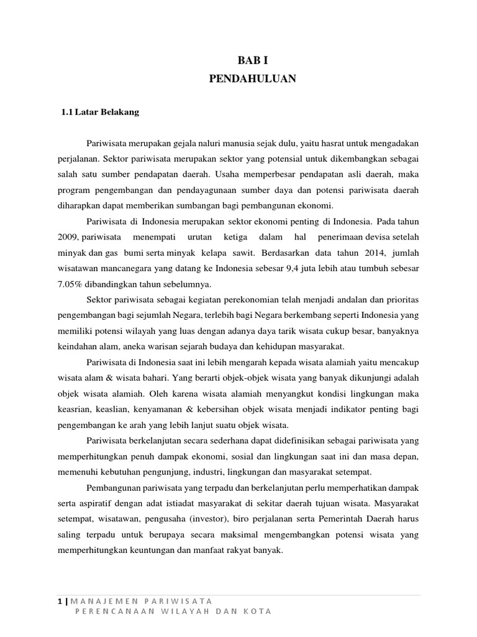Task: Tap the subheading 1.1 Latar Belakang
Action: coord(100,113)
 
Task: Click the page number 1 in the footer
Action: coord(58,600)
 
